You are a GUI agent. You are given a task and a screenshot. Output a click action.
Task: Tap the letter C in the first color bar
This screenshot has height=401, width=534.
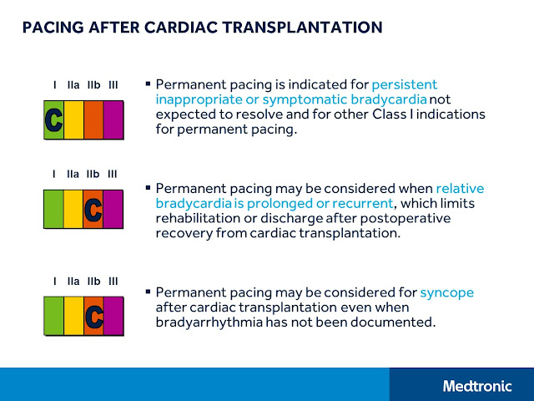[x=53, y=119]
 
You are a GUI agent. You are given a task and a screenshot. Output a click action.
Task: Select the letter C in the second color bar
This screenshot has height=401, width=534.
[x=93, y=209]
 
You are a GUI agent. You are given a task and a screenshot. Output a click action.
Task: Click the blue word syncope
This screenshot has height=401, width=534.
[x=446, y=292]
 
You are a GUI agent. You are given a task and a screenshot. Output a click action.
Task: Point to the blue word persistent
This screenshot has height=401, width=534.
[x=405, y=84]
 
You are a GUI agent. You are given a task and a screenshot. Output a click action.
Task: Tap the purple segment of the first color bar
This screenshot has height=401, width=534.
[x=113, y=119]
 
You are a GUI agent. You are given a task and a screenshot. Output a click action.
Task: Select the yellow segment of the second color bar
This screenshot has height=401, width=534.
[x=73, y=209]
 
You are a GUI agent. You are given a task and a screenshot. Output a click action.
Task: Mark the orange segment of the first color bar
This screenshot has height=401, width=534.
[x=93, y=119]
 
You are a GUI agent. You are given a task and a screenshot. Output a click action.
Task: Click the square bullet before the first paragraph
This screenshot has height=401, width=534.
[x=148, y=84]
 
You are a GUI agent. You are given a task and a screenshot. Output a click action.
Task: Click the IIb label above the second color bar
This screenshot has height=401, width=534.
[x=93, y=174]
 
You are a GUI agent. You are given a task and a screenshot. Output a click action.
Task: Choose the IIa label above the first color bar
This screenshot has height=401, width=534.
[x=73, y=84]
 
